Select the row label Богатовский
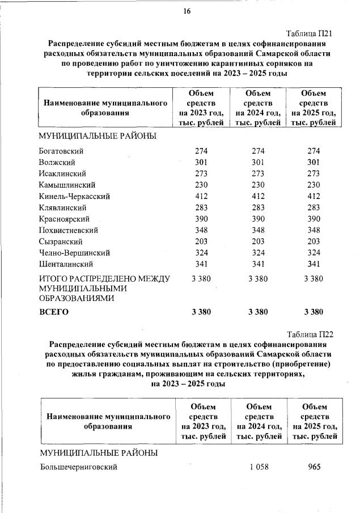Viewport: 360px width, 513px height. [62, 151]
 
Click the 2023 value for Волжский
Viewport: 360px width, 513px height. [201, 162]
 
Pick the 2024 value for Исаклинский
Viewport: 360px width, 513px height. [258, 173]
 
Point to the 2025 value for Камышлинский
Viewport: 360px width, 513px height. [314, 185]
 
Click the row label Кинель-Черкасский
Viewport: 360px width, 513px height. [74, 196]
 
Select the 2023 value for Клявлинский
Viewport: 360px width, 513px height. [201, 207]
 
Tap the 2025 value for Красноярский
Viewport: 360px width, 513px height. [314, 219]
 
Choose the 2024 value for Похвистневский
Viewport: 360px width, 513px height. [258, 230]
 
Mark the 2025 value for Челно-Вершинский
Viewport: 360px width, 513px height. [314, 253]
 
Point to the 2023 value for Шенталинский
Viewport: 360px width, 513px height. [201, 264]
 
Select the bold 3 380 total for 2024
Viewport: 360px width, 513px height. [258, 312]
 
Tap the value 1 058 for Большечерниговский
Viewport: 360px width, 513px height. [259, 467]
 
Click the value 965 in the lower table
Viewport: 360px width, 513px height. [314, 467]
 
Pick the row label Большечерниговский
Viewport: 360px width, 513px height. [78, 467]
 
